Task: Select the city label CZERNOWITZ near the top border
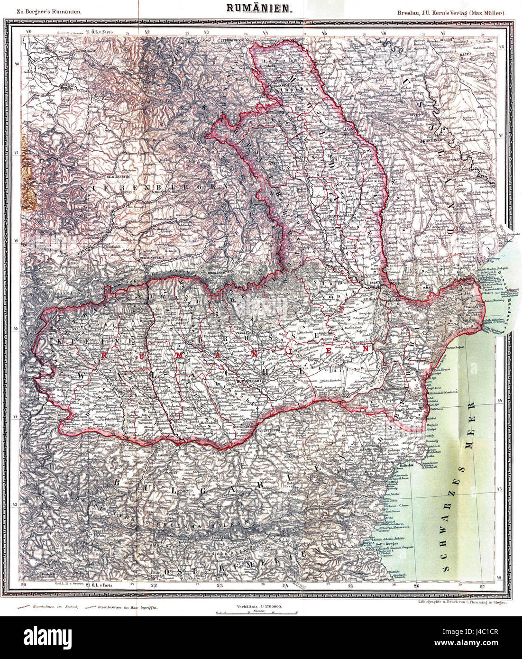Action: coord(230,41)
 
